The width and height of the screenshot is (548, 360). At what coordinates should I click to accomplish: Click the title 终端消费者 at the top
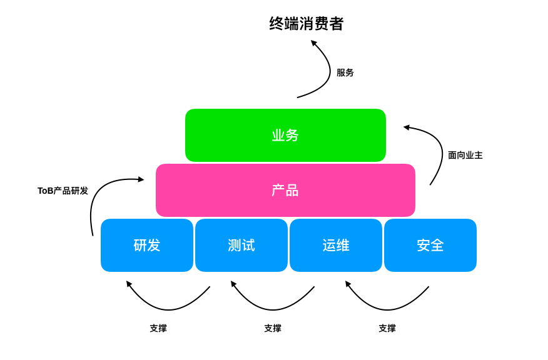tap(307, 24)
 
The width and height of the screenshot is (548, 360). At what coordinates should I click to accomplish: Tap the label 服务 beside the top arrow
tap(345, 72)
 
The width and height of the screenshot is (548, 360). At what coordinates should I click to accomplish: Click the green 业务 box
tap(285, 135)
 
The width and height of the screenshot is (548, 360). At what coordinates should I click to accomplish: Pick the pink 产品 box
tap(285, 190)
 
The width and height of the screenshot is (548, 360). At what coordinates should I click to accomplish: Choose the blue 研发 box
tap(147, 245)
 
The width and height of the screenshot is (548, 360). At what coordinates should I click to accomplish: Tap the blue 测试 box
tap(241, 245)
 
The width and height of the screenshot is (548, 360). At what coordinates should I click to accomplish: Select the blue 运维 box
tap(336, 245)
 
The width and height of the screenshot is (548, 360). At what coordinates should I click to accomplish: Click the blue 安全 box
tap(430, 245)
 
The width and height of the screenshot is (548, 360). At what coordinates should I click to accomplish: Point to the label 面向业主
tap(465, 155)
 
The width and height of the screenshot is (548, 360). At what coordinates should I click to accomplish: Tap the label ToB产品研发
tap(63, 191)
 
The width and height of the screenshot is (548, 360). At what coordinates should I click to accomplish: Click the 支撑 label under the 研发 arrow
tap(158, 328)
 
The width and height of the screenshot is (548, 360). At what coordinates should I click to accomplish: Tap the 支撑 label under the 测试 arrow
tap(273, 328)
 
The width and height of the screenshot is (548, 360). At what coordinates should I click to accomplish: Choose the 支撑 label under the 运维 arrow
tap(387, 328)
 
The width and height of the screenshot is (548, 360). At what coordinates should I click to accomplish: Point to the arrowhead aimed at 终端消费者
tap(313, 43)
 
